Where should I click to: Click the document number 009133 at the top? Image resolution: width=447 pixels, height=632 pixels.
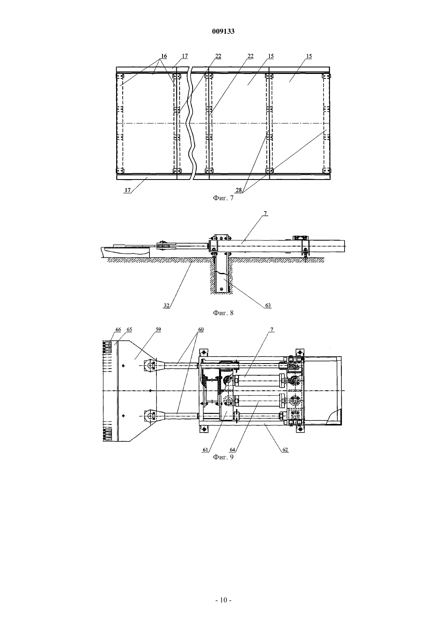click(x=223, y=31)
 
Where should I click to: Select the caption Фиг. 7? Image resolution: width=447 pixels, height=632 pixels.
click(x=223, y=198)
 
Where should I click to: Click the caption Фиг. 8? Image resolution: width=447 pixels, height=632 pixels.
click(x=223, y=313)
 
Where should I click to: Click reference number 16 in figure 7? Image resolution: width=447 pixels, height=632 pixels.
click(x=164, y=56)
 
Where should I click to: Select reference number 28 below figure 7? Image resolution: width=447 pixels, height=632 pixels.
click(x=239, y=190)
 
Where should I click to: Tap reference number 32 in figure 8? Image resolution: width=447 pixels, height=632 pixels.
click(x=167, y=305)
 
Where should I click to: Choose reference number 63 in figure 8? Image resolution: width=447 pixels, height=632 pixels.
click(x=268, y=305)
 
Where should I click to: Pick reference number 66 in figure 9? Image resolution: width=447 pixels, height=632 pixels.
click(x=118, y=329)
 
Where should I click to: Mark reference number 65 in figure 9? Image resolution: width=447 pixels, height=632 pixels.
click(x=129, y=329)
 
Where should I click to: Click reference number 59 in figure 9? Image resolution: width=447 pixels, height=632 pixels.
click(x=158, y=329)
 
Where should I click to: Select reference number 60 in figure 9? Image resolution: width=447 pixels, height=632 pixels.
click(x=201, y=329)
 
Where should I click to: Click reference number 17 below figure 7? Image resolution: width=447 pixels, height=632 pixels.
click(x=128, y=190)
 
